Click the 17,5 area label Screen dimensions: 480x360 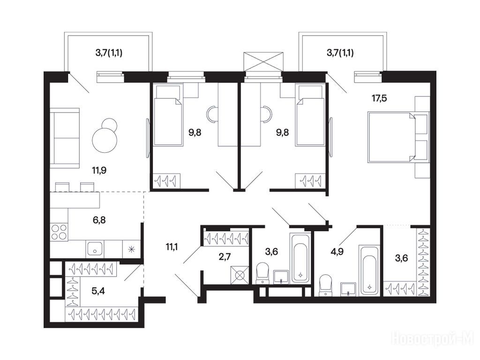[379, 98]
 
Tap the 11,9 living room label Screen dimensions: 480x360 [99, 170]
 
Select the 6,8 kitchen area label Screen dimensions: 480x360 [99, 220]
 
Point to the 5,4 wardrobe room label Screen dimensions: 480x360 [98, 291]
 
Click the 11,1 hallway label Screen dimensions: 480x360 [172, 247]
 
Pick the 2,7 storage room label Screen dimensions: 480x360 [225, 257]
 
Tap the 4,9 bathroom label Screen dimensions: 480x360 [337, 252]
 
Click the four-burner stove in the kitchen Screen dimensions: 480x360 [59, 232]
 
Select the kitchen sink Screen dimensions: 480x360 [95, 249]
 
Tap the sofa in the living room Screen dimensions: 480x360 [65, 138]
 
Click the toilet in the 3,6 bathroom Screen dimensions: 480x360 [262, 273]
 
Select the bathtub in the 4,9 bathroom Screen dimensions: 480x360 [369, 270]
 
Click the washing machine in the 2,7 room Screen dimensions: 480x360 [240, 275]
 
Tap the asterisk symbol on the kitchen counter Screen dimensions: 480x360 [131, 249]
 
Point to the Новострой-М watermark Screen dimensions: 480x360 [432, 339]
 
